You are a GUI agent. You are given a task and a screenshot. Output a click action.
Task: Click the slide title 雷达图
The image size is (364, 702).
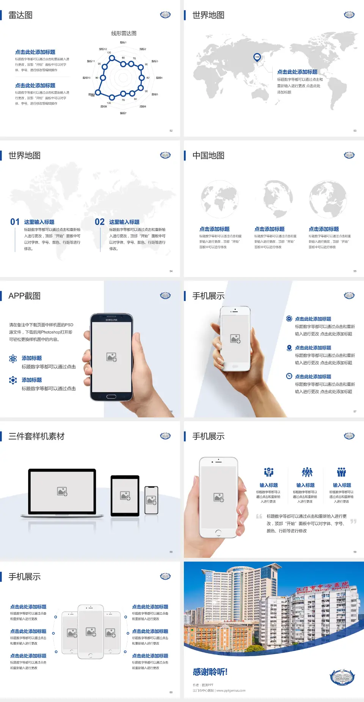(20, 15)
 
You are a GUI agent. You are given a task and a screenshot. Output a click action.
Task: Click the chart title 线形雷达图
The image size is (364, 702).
(124, 33)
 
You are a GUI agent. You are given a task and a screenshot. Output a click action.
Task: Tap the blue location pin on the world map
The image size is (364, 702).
(257, 57)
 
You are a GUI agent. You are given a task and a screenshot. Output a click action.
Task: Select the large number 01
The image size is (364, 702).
(15, 222)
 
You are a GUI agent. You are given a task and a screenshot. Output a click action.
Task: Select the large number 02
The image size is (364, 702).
(100, 222)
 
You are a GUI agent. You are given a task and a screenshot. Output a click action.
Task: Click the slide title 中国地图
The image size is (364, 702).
(208, 156)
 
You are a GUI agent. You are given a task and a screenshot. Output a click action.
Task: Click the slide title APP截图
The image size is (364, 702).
(24, 296)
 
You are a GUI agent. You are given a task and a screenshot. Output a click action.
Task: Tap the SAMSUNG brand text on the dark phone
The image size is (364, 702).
(111, 320)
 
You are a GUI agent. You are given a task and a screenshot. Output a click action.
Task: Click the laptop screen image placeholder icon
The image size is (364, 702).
(62, 491)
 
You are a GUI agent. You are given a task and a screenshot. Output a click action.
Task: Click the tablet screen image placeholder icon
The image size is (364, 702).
(125, 496)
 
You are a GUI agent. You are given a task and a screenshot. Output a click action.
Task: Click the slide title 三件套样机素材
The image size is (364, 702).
(36, 436)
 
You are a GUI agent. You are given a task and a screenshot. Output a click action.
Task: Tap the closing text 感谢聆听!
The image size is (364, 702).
(210, 672)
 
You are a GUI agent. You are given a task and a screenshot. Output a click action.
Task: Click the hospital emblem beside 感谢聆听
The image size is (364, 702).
(342, 677)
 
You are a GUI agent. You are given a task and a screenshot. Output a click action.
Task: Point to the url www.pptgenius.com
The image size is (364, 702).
(231, 691)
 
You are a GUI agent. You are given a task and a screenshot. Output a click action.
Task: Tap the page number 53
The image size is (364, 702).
(355, 131)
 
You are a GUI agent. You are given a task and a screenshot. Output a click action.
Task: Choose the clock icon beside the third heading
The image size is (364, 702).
(289, 376)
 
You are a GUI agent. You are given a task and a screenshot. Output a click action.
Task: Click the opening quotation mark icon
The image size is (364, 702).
(259, 516)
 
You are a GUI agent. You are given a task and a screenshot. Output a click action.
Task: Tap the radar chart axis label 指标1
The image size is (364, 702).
(123, 42)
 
